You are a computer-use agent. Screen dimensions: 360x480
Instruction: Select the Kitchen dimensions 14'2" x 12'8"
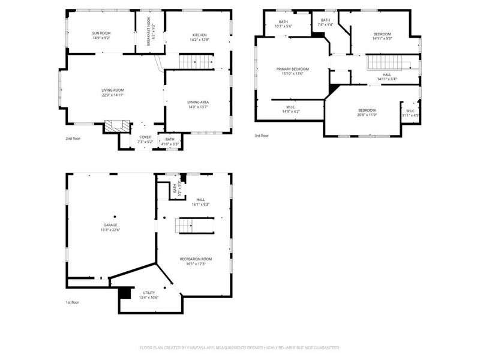pos(199,39)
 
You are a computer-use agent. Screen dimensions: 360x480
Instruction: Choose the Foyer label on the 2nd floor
pos(145,137)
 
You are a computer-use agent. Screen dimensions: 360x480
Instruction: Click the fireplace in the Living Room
pos(117,126)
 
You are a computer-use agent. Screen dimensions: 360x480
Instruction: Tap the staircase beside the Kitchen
pos(197,61)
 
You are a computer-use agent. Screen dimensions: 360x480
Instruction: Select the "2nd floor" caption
pos(73,139)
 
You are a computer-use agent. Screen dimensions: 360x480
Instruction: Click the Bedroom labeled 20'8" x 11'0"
pos(367,112)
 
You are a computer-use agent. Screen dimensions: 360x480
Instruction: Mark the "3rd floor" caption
pos(261,136)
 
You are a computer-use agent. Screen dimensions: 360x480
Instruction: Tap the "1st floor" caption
pos(72,302)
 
